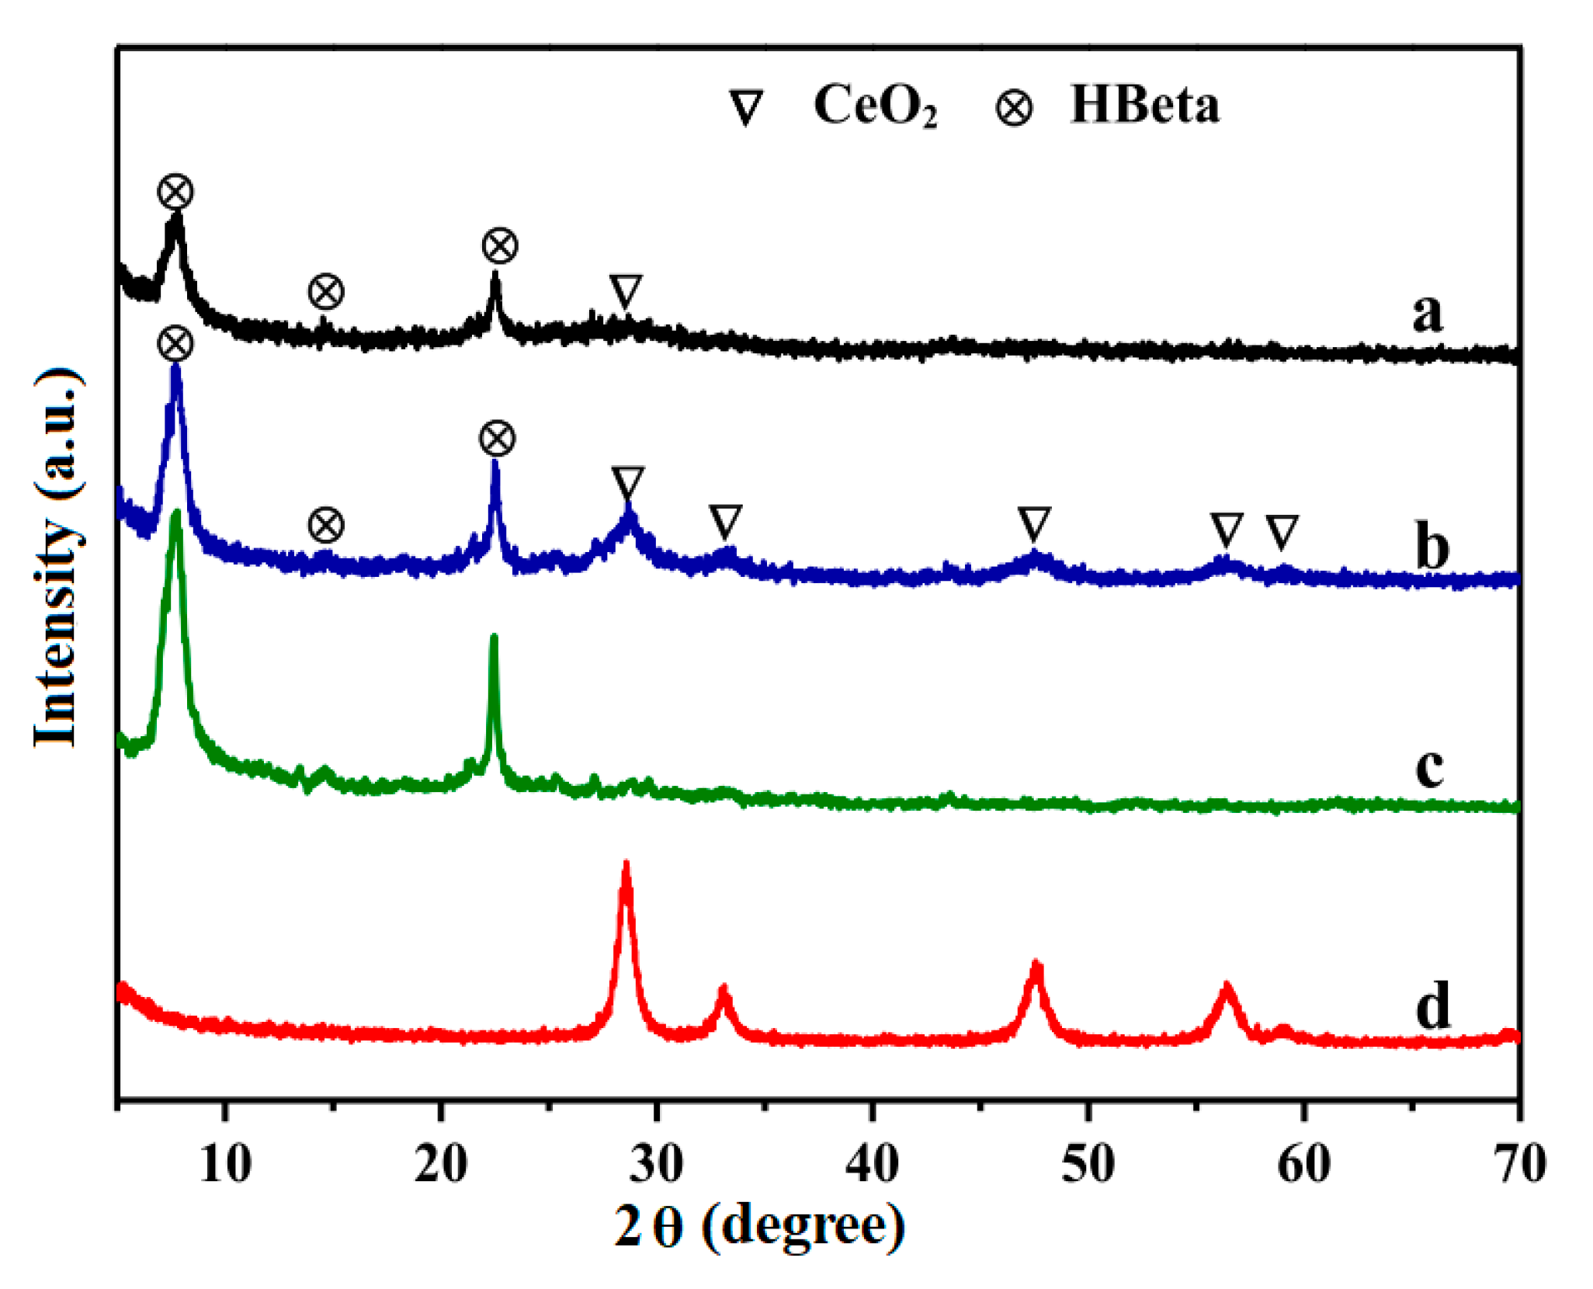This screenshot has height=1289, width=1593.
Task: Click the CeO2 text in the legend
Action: coord(875,106)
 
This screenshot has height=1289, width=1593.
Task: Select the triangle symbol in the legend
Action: coord(747,107)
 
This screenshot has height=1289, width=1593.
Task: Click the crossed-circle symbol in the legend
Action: coord(1014,107)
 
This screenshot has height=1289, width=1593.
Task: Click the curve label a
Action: coord(1427,312)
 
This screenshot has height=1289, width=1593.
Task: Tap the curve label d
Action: coord(1432,1005)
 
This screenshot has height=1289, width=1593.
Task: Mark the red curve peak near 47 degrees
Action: coord(1036,965)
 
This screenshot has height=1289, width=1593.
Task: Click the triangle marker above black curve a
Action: coord(625,291)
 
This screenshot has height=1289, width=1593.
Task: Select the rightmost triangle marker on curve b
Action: coord(1282,531)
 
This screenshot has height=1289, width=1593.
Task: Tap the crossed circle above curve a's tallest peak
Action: coord(175,192)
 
